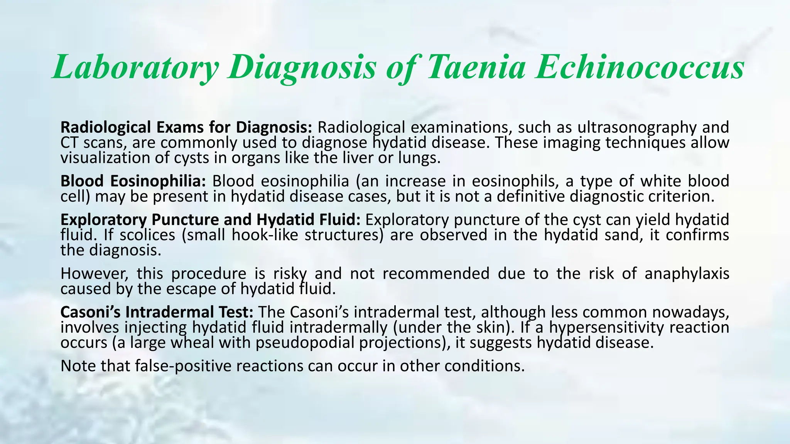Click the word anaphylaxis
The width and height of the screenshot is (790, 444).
pyautogui.click(x=687, y=274)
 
